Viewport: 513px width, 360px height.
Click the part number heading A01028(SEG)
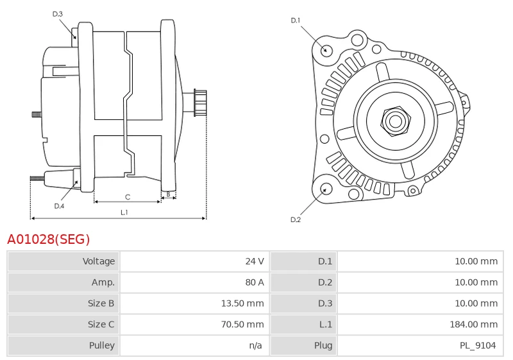tap(49, 239)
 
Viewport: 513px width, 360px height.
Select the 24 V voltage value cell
tap(255, 261)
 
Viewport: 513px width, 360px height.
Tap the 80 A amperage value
tap(255, 282)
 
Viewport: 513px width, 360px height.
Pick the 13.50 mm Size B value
tap(242, 304)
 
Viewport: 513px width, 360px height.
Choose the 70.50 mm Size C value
tap(242, 325)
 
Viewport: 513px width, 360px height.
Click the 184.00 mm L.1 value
tap(474, 325)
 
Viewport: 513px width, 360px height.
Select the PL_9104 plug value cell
tap(477, 346)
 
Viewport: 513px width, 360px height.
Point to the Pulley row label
tap(101, 346)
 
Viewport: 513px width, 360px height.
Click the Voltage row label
tap(99, 261)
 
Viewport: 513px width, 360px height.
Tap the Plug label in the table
tap(323, 346)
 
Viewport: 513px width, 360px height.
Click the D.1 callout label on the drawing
tap(296, 21)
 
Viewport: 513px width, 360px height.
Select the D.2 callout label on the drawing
tap(296, 219)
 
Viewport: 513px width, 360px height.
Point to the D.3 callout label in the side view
tap(58, 13)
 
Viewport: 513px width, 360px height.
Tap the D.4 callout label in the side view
tap(59, 206)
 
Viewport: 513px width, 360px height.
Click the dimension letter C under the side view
tap(128, 196)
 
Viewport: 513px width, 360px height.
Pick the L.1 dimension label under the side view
tap(124, 212)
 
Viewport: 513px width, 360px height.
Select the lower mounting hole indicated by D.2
tap(326, 189)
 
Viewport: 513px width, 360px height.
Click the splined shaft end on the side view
tap(200, 103)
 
